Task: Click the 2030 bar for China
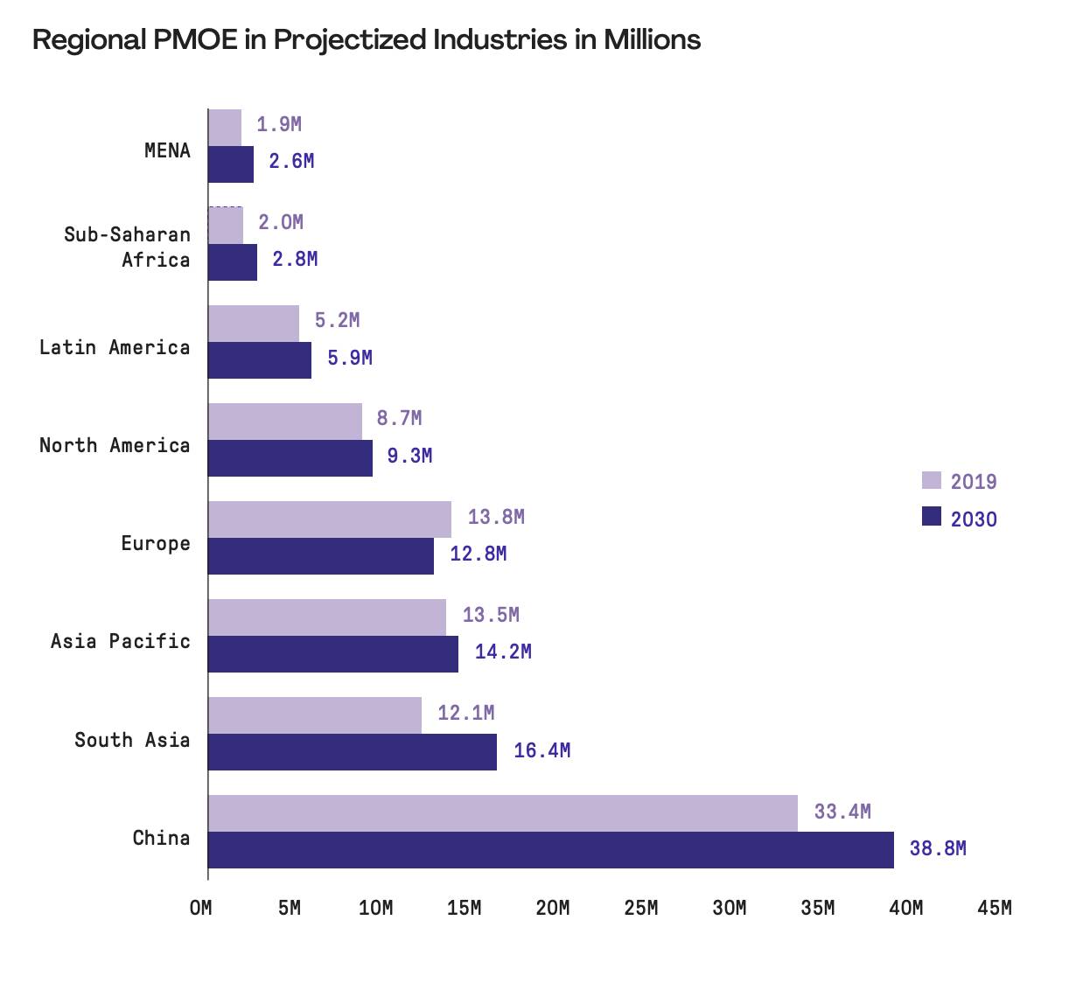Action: tap(551, 850)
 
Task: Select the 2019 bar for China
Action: tap(503, 813)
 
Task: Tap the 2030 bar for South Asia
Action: tap(353, 752)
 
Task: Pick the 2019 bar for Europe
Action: tap(330, 519)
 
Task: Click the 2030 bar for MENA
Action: tap(231, 164)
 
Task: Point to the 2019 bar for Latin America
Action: tap(254, 324)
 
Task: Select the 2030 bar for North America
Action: tap(290, 458)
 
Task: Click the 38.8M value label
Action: tap(938, 848)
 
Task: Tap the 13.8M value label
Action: tap(496, 517)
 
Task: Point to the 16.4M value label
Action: tap(541, 750)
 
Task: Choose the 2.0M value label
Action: tap(281, 222)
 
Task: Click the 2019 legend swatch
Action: tap(931, 480)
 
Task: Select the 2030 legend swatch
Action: tap(931, 517)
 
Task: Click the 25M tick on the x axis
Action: tap(641, 908)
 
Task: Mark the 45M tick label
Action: tap(994, 908)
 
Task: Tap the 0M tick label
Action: tap(200, 908)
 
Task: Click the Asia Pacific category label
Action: tap(120, 641)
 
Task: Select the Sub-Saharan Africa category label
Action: tap(127, 247)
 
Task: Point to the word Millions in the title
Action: tap(652, 40)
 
